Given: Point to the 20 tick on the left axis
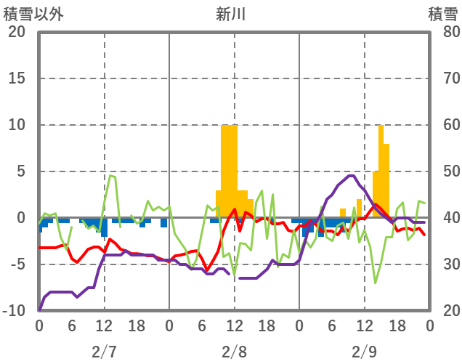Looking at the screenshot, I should coord(17,32).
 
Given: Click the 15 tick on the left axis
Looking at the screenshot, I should coord(17,78).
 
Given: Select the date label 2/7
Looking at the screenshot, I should coord(104,352).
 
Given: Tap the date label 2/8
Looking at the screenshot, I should coord(234,352).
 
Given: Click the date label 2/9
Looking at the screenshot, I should coord(364,352).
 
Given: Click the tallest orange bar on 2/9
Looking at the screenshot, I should coord(381,171).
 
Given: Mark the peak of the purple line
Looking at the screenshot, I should coord(352,176).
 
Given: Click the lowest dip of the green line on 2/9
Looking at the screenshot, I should coord(376,283).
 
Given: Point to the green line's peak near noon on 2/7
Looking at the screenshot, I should coord(110,175).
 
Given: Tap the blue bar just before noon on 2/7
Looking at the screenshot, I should coord(104,227).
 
